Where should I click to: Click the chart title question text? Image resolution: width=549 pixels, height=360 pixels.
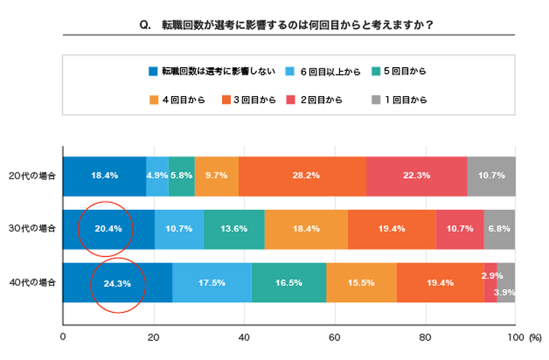[x=286, y=25]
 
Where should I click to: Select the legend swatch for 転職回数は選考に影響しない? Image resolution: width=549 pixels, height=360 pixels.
[x=152, y=72]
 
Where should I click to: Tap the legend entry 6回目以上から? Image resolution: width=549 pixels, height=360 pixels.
[x=327, y=72]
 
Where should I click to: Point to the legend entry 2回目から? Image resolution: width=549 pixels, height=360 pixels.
[x=319, y=99]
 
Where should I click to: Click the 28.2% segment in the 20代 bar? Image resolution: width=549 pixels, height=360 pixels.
[x=303, y=175]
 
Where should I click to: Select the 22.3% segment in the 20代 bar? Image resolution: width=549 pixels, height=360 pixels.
[x=416, y=175]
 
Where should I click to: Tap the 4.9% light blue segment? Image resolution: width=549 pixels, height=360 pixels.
[x=157, y=175]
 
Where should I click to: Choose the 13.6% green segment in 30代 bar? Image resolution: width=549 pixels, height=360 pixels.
[x=234, y=229]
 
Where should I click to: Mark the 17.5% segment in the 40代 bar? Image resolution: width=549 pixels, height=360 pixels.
[x=211, y=283]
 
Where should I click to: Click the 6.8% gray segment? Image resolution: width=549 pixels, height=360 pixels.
[x=499, y=229]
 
